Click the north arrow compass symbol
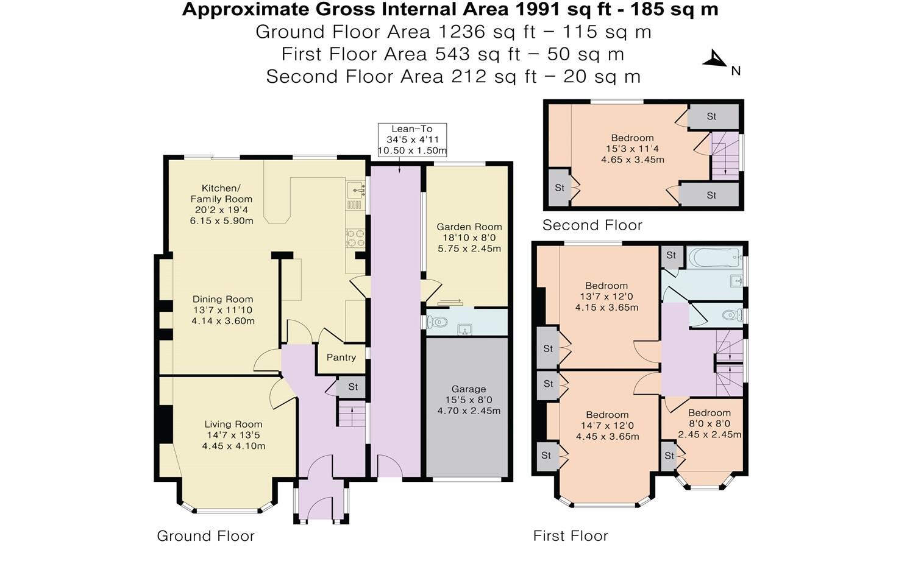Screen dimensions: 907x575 point(716,60)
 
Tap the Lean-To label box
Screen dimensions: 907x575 point(412,140)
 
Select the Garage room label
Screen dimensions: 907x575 point(469,389)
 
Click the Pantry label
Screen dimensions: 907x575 point(341,358)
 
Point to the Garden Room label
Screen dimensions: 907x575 point(469,227)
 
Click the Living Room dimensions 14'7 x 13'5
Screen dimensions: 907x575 point(233,436)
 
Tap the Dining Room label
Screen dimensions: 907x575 point(222,300)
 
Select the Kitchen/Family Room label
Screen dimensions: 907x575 point(221,194)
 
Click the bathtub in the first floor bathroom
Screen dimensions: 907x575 point(715,258)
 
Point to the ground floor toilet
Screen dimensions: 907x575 point(436,322)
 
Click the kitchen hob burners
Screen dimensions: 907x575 point(355,238)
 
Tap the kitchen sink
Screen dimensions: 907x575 point(355,190)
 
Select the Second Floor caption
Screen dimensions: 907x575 point(592,225)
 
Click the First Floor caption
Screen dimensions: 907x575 point(571,536)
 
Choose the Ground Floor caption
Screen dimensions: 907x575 point(205,536)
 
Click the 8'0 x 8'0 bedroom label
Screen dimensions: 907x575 point(710,424)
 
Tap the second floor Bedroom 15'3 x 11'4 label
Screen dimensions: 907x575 point(633,149)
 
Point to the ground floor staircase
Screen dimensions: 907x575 point(352,413)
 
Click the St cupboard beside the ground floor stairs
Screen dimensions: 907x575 point(352,387)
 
